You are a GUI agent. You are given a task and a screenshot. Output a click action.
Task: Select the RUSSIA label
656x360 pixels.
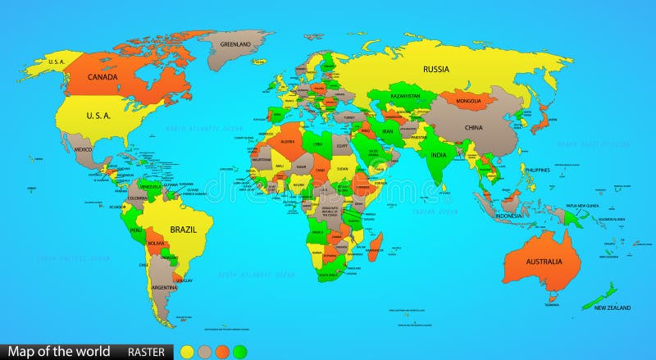coord(435,70)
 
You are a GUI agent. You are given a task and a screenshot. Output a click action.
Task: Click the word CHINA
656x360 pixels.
coord(474,128)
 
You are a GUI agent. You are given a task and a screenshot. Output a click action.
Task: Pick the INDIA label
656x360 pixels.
coord(439,155)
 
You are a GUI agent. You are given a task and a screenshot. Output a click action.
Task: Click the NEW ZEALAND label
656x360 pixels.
coord(613,308)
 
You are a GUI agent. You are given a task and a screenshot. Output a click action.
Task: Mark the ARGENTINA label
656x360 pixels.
coord(164,288)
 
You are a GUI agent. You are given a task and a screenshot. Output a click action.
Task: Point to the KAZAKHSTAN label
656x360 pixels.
coord(404,96)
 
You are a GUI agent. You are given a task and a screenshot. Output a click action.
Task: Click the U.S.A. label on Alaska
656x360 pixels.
coord(57,62)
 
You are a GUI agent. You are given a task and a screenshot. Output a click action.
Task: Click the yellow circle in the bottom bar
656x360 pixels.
coord(187,353)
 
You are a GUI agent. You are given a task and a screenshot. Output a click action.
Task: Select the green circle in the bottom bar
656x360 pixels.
coord(239,353)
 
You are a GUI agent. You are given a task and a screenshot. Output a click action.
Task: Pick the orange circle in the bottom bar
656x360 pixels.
coord(221,353)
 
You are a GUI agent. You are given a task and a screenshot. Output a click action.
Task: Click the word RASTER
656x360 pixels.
coord(145,353)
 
